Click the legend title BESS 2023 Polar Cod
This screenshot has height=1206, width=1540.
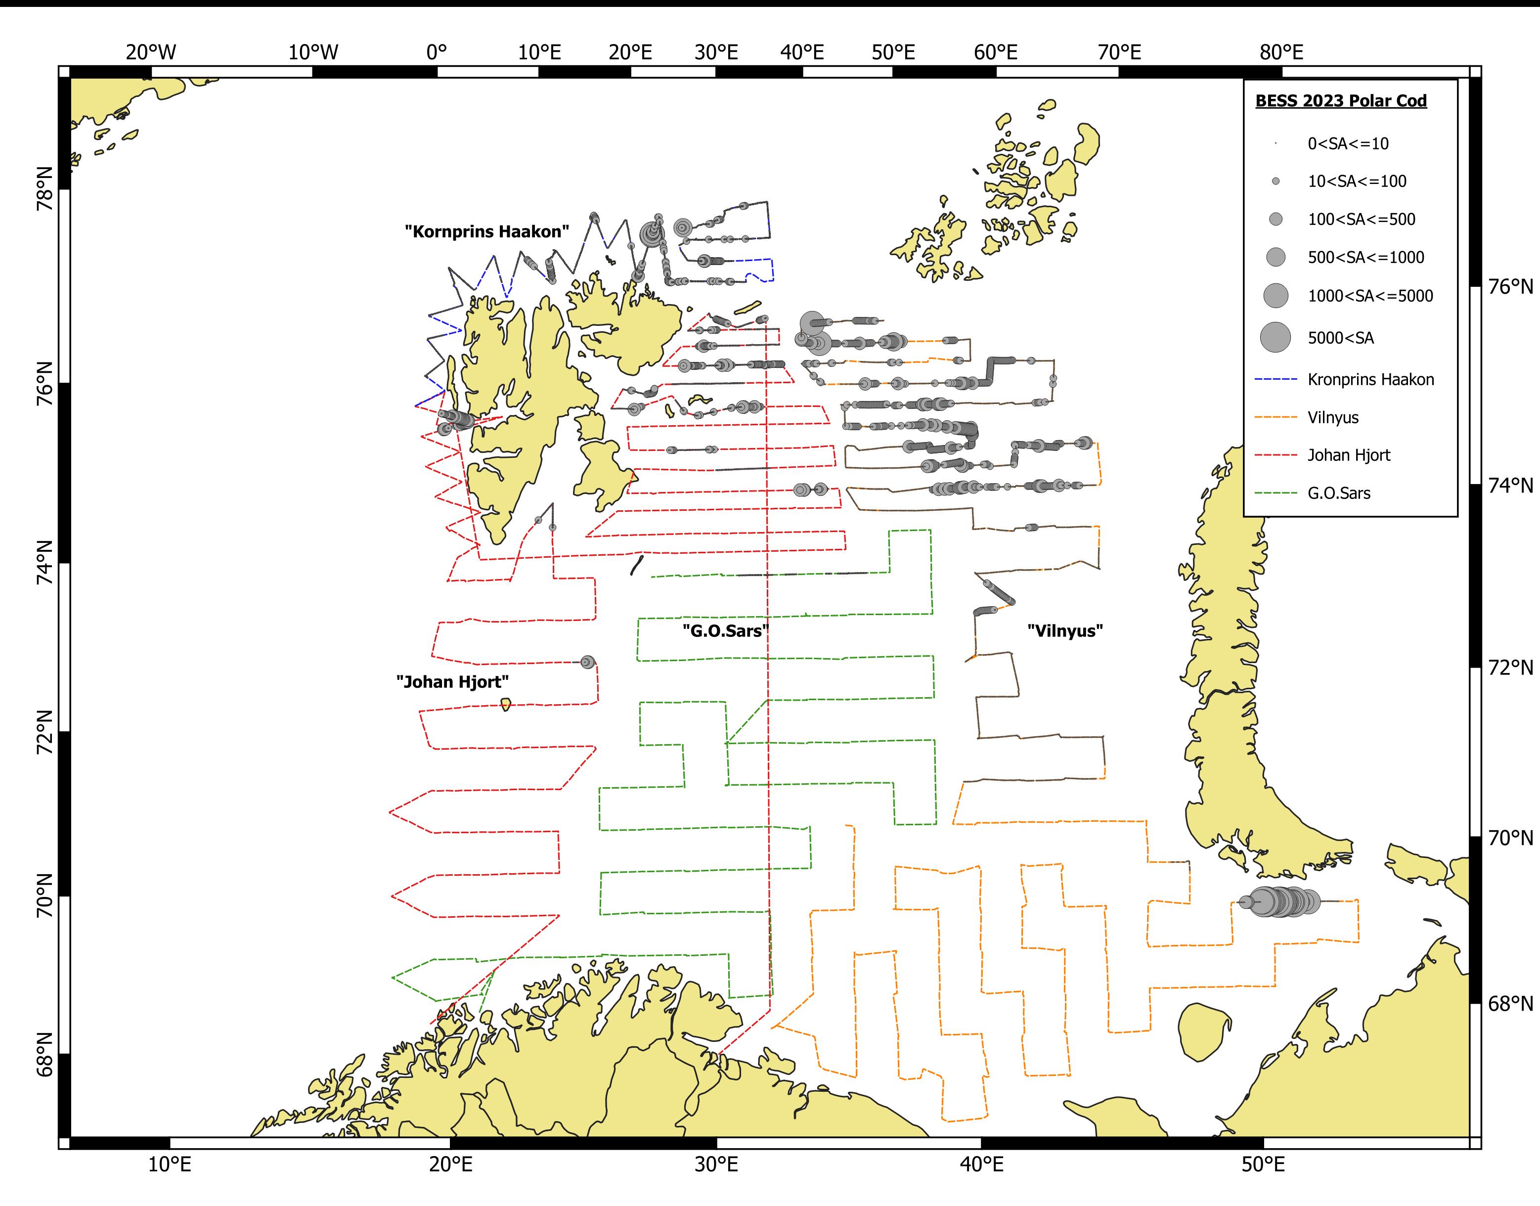(1340, 101)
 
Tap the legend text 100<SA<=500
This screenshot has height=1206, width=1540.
(1361, 220)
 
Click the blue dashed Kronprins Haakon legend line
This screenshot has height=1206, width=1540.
(1276, 380)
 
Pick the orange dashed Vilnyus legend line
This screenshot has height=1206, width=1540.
(1276, 417)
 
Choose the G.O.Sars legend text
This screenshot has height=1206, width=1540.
(1338, 493)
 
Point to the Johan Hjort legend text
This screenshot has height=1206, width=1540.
(1348, 455)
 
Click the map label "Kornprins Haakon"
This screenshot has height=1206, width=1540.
(486, 231)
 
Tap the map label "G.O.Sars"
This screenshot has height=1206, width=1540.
(725, 630)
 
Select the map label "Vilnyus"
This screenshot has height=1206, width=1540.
(1064, 630)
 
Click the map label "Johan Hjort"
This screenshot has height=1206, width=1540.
(452, 682)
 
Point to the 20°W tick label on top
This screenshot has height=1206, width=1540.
(151, 52)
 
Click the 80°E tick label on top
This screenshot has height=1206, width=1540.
(1281, 52)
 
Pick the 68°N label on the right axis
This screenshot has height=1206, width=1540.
(1510, 1003)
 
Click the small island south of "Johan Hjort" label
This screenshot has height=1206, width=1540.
(505, 704)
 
